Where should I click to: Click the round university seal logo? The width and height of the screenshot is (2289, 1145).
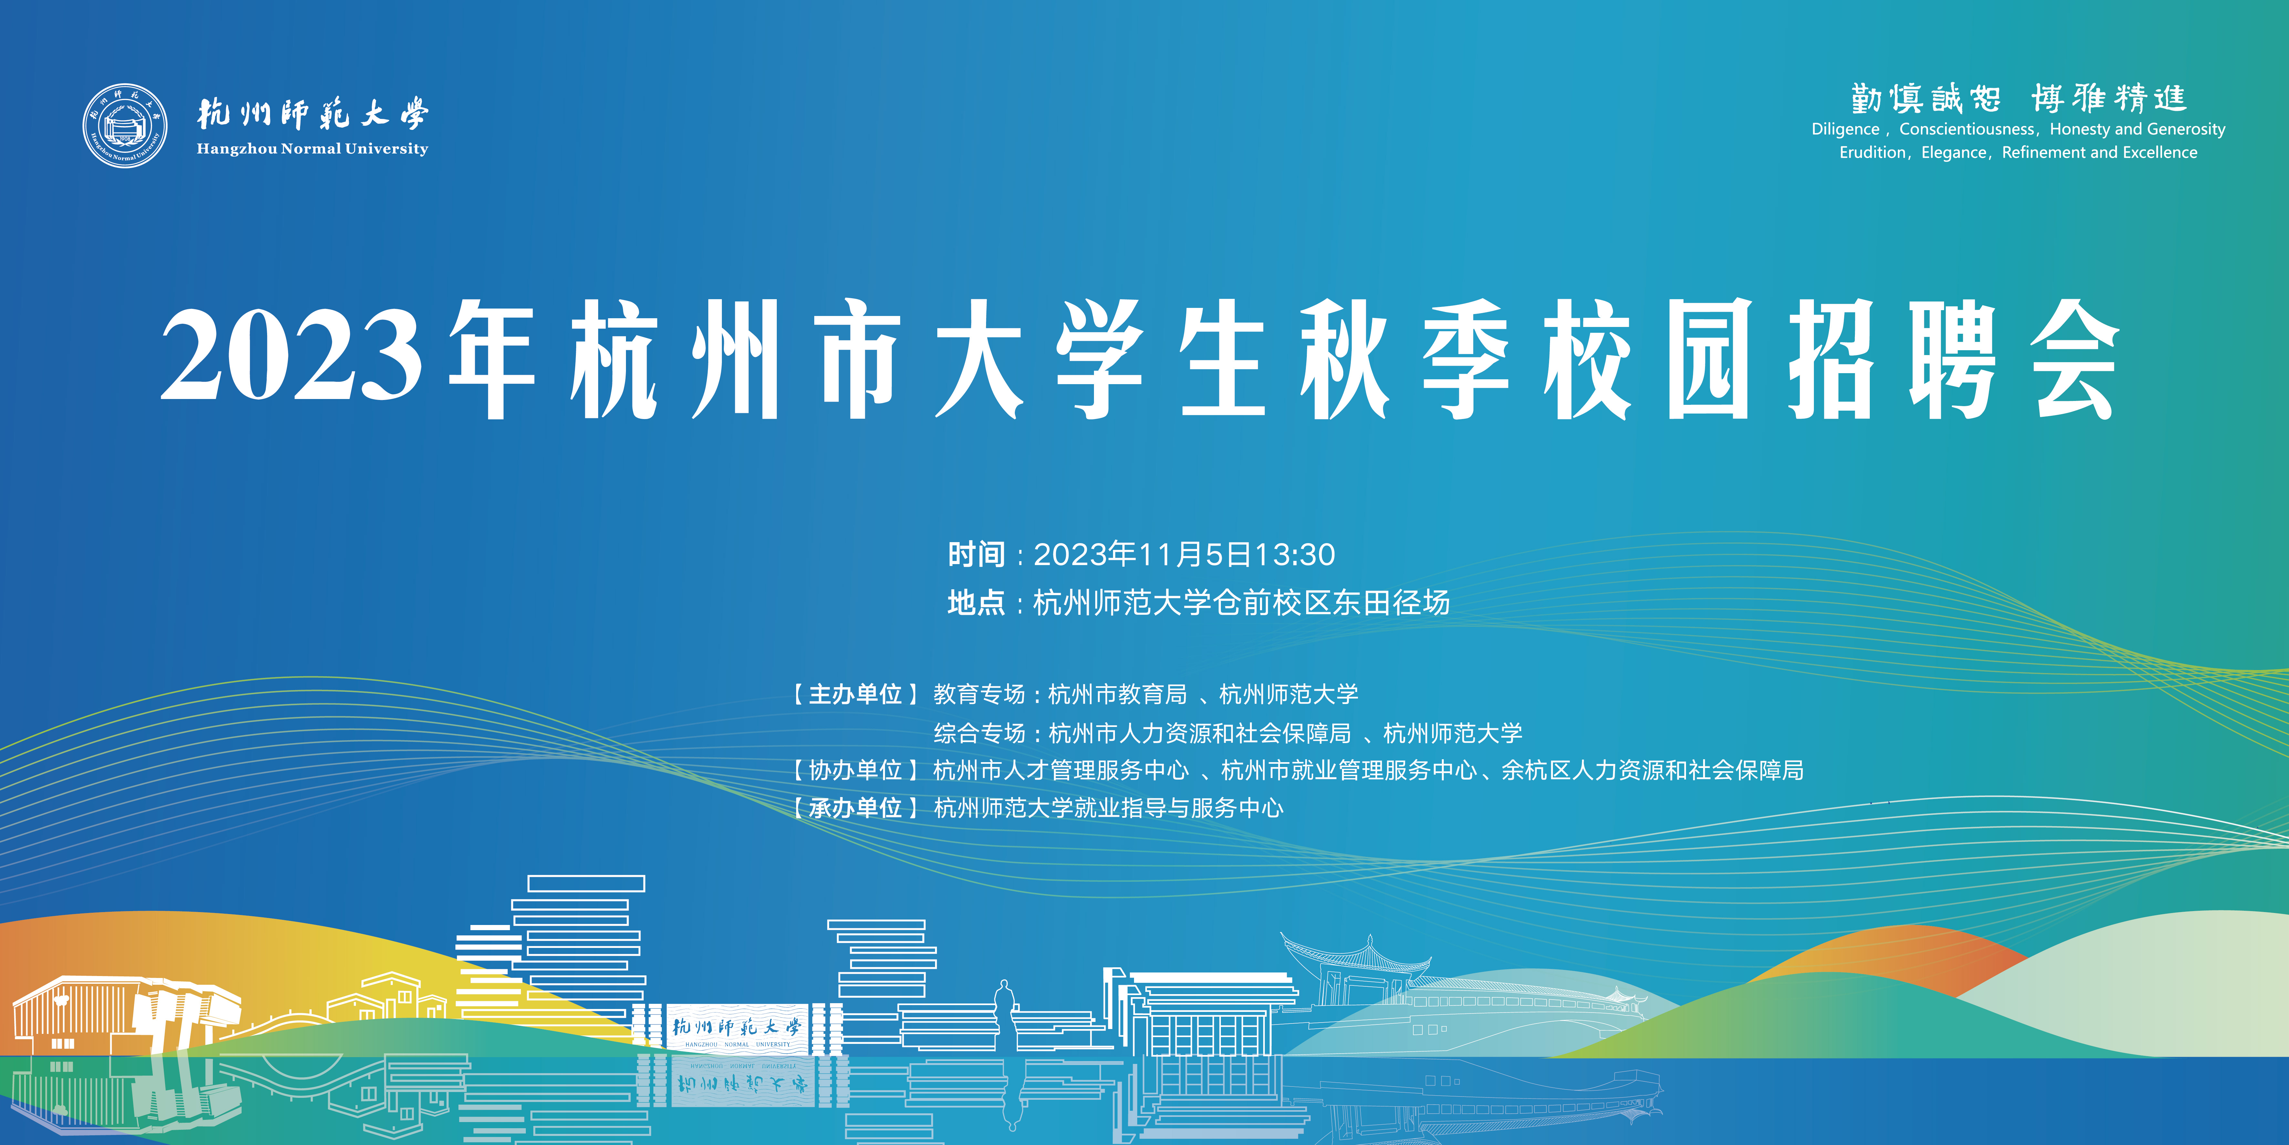125,125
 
